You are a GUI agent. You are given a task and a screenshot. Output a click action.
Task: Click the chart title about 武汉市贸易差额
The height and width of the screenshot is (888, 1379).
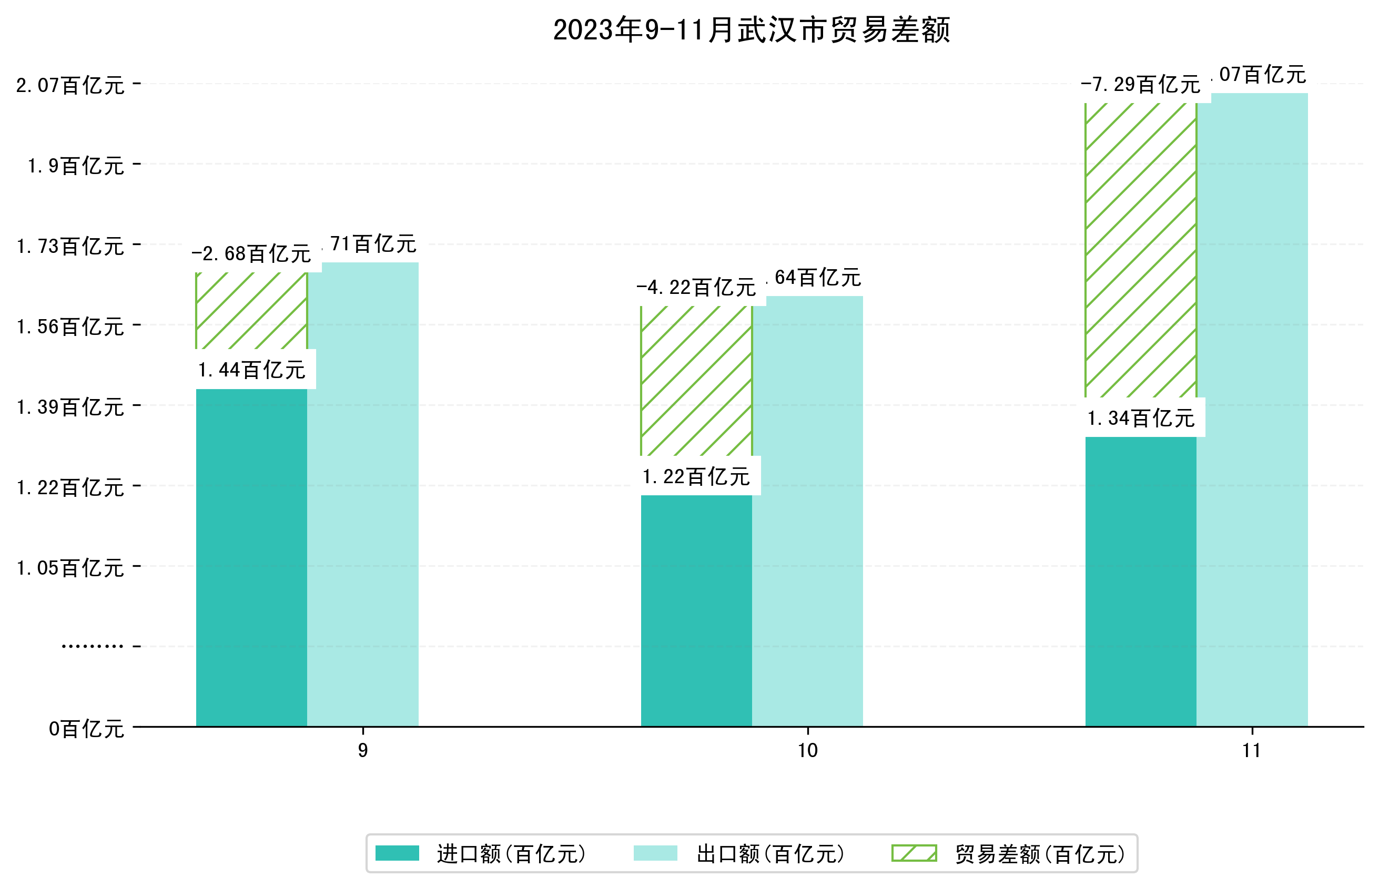(x=751, y=29)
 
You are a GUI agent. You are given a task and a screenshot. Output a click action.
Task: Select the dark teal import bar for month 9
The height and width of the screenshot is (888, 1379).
(x=251, y=556)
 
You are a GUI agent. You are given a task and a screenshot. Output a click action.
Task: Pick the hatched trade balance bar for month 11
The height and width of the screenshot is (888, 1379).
(x=1140, y=250)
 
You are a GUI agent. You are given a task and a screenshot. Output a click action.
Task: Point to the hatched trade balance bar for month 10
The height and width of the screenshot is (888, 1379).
(x=696, y=381)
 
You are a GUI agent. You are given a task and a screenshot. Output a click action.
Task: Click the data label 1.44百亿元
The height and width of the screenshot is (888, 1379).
(x=251, y=370)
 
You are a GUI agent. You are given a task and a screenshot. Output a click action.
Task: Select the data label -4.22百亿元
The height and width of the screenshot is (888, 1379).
(x=696, y=287)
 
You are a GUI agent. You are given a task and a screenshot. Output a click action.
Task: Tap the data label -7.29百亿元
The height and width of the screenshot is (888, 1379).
(x=1140, y=85)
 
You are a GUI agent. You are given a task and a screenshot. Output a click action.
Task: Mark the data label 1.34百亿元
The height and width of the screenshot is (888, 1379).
(x=1140, y=418)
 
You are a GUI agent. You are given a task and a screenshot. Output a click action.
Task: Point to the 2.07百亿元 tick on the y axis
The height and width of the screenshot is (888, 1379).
(x=70, y=85)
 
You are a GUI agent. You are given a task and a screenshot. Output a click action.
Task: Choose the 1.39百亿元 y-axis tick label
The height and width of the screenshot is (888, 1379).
(x=70, y=407)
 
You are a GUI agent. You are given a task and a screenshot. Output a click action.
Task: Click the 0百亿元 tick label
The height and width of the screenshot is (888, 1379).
(x=86, y=729)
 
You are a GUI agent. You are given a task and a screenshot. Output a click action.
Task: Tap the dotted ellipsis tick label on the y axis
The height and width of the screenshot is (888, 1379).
(x=92, y=646)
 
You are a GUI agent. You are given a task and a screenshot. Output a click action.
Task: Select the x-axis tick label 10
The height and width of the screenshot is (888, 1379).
(x=807, y=750)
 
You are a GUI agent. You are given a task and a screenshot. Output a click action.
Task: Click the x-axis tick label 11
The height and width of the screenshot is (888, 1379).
(x=1252, y=750)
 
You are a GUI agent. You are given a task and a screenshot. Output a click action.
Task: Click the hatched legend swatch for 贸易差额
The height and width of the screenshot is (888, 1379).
(x=914, y=853)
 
